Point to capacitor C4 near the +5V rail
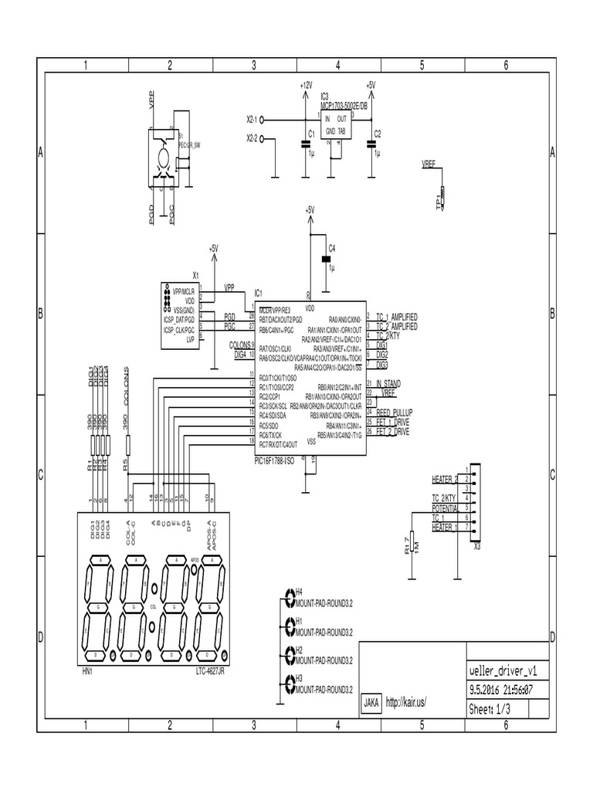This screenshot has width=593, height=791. [x=325, y=259]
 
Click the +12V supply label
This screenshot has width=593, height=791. [x=306, y=85]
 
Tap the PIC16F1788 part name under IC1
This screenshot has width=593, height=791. [x=275, y=461]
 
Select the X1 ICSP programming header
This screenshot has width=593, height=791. [x=178, y=316]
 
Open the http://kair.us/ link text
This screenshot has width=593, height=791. [x=405, y=702]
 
